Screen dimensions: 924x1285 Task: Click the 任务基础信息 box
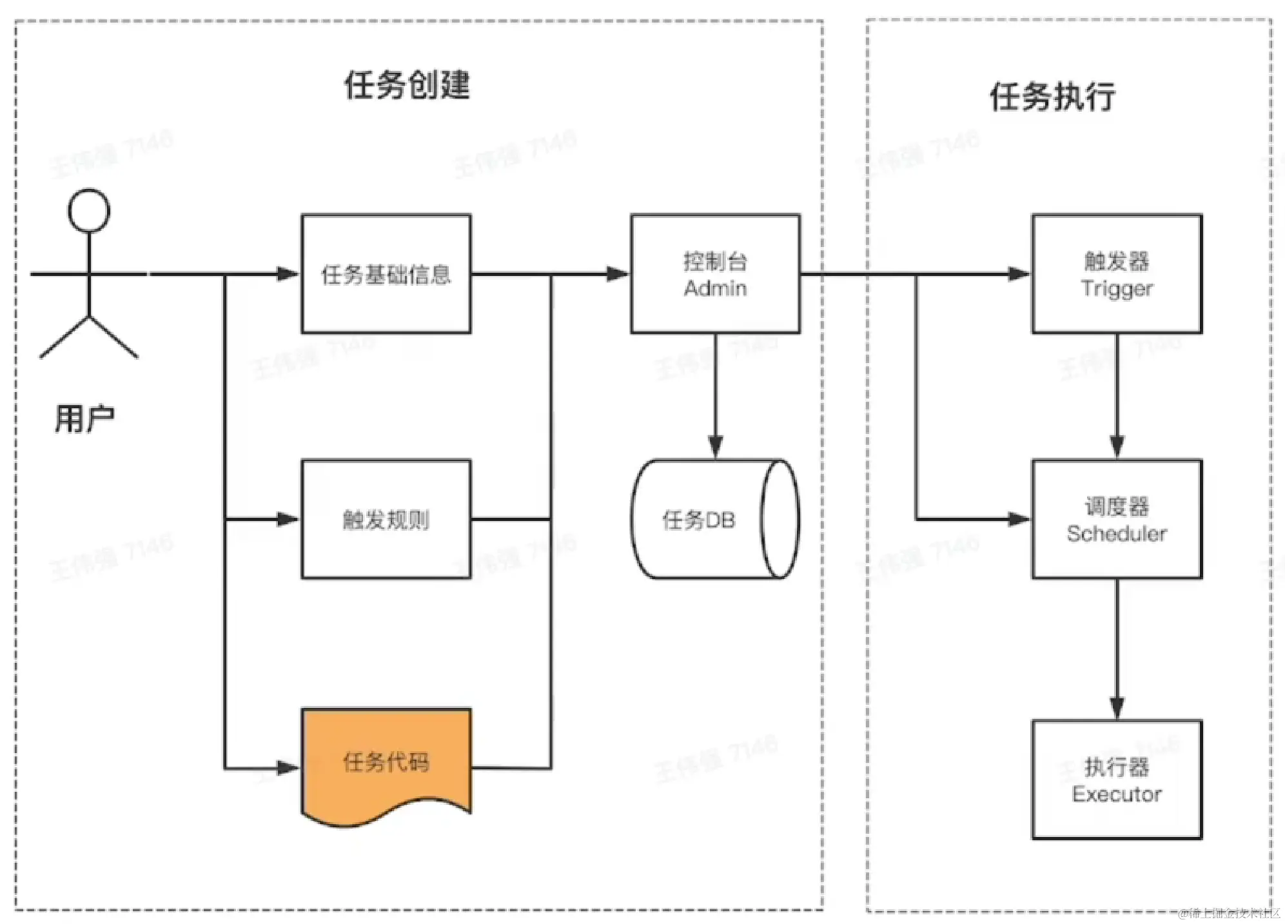(x=386, y=274)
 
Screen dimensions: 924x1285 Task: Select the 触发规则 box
(x=386, y=519)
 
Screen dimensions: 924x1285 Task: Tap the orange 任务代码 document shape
(x=386, y=763)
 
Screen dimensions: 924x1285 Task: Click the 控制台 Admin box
(x=715, y=274)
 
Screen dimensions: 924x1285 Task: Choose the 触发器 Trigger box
(x=1117, y=274)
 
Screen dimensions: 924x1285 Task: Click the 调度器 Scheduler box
(x=1117, y=519)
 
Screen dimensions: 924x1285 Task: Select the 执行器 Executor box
(x=1117, y=780)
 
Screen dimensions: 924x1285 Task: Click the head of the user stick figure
(x=89, y=211)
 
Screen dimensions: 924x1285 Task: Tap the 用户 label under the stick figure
(x=84, y=419)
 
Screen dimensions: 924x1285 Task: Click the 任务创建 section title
(x=407, y=85)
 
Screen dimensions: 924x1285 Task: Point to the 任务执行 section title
(x=1052, y=97)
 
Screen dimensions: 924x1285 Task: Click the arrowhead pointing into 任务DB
(x=715, y=446)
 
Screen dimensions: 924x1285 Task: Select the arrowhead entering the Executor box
(x=1117, y=707)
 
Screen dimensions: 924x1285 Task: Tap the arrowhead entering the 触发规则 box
(x=288, y=519)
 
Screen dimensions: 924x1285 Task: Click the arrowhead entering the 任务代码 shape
(x=288, y=768)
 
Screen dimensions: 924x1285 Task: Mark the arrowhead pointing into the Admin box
(x=617, y=274)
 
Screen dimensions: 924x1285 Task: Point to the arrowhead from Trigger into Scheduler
(x=1117, y=446)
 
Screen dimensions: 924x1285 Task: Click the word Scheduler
(x=1117, y=534)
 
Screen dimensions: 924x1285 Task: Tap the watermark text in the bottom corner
(x=1229, y=913)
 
